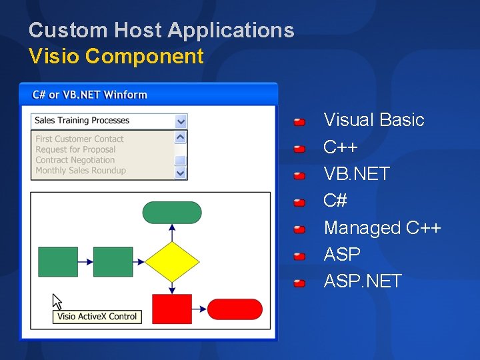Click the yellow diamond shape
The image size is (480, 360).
pos(172,261)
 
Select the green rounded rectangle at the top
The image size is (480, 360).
pos(172,212)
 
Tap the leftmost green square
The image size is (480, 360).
pos(58,261)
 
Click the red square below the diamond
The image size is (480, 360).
pos(172,309)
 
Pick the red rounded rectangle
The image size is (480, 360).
pos(235,309)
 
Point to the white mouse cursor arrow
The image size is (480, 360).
pos(57,301)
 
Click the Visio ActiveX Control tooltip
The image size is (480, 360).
pos(97,317)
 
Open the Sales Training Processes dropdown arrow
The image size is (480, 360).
pos(181,121)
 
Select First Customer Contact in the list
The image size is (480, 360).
pos(79,139)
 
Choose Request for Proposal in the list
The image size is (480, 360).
pos(75,149)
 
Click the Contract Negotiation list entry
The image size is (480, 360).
pos(75,160)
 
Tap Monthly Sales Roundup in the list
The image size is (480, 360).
pos(80,171)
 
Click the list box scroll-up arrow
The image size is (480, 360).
pos(181,137)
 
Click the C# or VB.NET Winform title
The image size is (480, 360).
pos(89,95)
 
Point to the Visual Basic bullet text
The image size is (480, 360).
pos(373,120)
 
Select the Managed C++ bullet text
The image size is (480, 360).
pos(382,228)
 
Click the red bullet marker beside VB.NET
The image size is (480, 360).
pos(300,176)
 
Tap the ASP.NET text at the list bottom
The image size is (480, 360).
pos(363,281)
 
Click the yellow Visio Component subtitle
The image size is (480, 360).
pos(116,57)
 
